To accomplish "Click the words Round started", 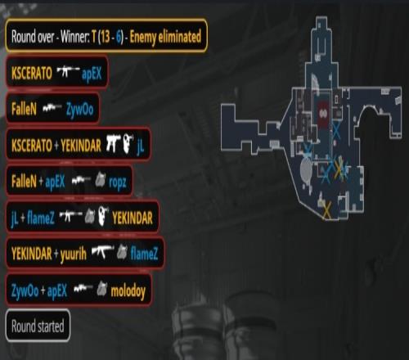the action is tap(38, 326).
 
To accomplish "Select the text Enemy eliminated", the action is tap(165, 37).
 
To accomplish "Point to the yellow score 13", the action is tap(105, 37).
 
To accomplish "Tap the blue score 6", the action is tap(119, 37).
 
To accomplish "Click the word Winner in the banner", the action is tap(74, 37).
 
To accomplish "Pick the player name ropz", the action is tap(118, 182).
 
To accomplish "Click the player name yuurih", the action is tap(74, 254).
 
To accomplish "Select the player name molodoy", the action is tap(128, 291).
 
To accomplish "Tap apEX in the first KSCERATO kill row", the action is tap(92, 74).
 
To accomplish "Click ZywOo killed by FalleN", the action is tap(79, 110).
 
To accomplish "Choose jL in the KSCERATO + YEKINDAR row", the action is tap(140, 146).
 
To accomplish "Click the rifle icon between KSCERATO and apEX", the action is tap(68, 71).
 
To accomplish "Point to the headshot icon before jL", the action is tap(128, 143).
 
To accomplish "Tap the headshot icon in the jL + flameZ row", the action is tap(103, 216).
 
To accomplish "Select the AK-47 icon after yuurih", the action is tap(102, 251).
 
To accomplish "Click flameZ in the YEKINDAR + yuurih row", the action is tap(144, 254).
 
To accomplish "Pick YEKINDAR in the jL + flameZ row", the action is tap(133, 218).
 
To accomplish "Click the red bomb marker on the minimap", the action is tap(324, 114).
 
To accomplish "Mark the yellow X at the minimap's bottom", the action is tap(326, 210).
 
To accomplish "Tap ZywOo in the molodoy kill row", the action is tap(25, 290).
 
